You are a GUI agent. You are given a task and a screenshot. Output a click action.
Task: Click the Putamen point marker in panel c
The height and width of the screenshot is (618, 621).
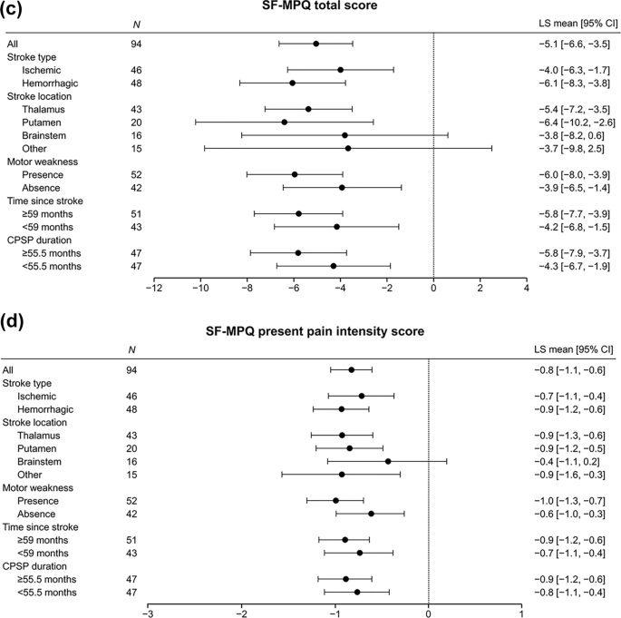[x=285, y=122]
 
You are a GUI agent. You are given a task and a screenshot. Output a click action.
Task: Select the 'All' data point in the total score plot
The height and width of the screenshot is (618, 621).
[x=315, y=44]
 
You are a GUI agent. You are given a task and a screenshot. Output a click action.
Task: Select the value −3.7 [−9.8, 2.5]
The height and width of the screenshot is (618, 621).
[x=570, y=148]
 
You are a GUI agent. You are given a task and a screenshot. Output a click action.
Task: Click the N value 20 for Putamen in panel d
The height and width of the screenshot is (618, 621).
[x=132, y=448]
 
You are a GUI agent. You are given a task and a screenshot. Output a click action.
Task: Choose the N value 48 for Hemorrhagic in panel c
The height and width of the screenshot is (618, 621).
[x=132, y=83]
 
